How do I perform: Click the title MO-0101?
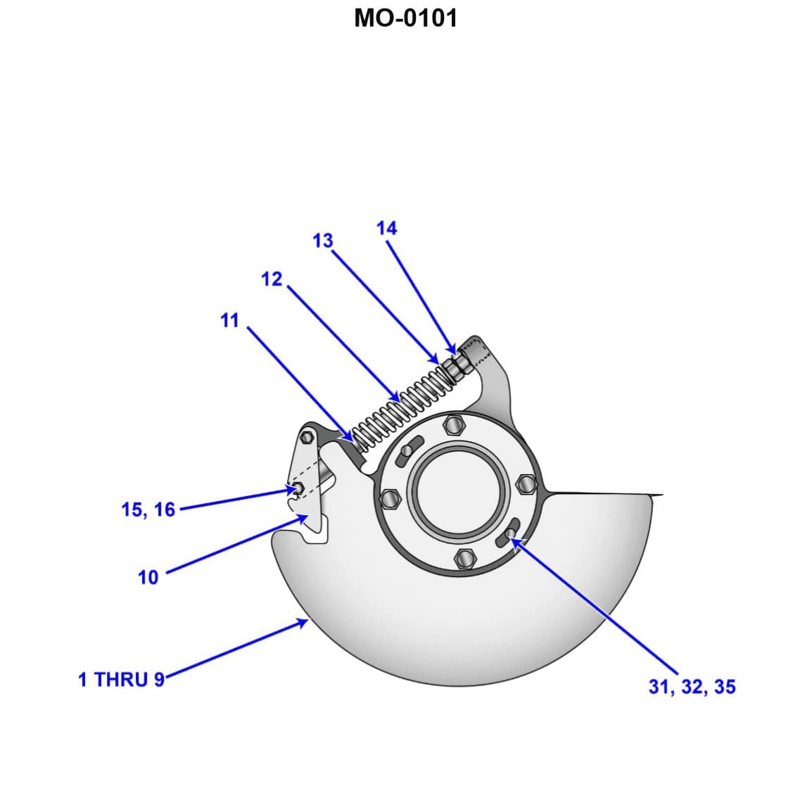[405, 18]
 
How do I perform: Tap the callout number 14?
[386, 228]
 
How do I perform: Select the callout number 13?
[322, 241]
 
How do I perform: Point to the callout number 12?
[271, 279]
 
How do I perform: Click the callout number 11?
[229, 321]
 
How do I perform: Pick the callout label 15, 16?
[148, 510]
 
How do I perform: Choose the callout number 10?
[148, 578]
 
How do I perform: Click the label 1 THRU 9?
[121, 680]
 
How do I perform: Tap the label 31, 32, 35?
[692, 687]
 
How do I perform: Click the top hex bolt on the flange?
[454, 425]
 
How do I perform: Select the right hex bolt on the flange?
[526, 484]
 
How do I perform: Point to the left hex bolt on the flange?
[390, 498]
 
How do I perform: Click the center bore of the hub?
[459, 491]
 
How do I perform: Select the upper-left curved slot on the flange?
[409, 451]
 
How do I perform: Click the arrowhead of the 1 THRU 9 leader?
[304, 621]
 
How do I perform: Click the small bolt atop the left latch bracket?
[306, 437]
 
